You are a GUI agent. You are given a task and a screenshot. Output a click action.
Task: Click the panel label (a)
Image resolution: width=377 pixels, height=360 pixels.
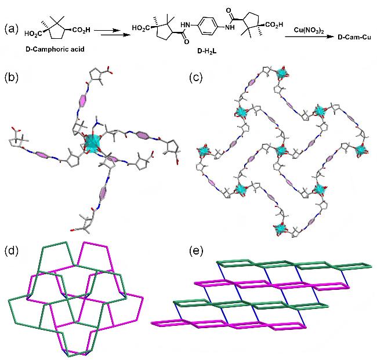(x=11, y=30)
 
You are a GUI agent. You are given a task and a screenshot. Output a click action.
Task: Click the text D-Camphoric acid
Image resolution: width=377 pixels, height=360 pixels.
(x=55, y=49)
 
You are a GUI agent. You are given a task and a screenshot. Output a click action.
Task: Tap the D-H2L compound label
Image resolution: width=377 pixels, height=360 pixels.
(x=206, y=51)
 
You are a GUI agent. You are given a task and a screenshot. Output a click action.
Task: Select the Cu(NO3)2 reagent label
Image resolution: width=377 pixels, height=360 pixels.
(x=309, y=31)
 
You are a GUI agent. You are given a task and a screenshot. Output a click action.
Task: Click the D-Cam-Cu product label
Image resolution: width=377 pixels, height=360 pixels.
(x=354, y=37)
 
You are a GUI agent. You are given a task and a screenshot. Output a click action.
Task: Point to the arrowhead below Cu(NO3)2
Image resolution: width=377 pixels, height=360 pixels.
(x=332, y=37)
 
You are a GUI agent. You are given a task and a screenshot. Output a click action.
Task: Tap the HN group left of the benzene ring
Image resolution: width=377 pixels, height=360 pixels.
(x=187, y=25)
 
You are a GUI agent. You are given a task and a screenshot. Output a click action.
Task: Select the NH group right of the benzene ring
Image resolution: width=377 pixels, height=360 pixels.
(x=230, y=27)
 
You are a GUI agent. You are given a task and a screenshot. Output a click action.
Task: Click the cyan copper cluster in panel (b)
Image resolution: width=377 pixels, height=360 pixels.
(x=92, y=144)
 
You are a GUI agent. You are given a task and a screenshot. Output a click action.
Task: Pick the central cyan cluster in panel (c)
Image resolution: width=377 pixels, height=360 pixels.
(x=281, y=151)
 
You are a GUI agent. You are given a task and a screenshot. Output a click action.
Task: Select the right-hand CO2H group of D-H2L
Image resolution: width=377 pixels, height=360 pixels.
(x=274, y=25)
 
